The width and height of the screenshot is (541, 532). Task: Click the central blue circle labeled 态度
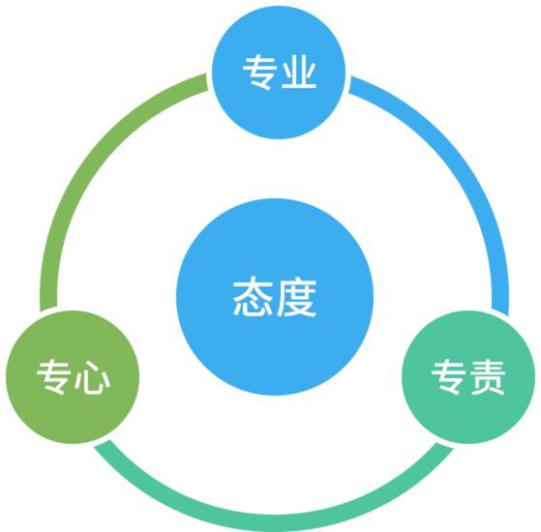[x=275, y=297]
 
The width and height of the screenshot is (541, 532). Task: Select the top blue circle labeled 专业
[x=279, y=73]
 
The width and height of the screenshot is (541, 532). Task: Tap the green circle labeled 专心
[x=73, y=377]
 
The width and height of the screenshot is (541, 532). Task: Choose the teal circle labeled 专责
[x=468, y=377]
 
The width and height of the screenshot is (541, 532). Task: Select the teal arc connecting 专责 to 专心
[x=274, y=523]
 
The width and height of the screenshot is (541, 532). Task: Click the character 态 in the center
[x=253, y=296]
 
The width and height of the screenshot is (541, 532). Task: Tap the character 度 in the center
[x=297, y=297]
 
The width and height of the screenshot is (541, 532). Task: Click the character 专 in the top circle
[x=259, y=72]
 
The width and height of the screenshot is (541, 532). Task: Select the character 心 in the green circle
[x=92, y=377]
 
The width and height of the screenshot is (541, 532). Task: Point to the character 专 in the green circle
[x=54, y=377]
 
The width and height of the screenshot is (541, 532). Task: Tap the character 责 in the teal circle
[x=488, y=377]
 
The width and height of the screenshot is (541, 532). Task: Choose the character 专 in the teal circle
[x=448, y=377]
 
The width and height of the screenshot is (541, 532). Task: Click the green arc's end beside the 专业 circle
[x=207, y=81]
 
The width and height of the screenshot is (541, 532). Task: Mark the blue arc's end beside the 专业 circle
[x=349, y=84]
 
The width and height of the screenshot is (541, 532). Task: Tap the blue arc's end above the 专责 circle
[x=500, y=311]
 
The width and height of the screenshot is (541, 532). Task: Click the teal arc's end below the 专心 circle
[x=102, y=443]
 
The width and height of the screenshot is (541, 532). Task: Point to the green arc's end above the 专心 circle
[x=48, y=309]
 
